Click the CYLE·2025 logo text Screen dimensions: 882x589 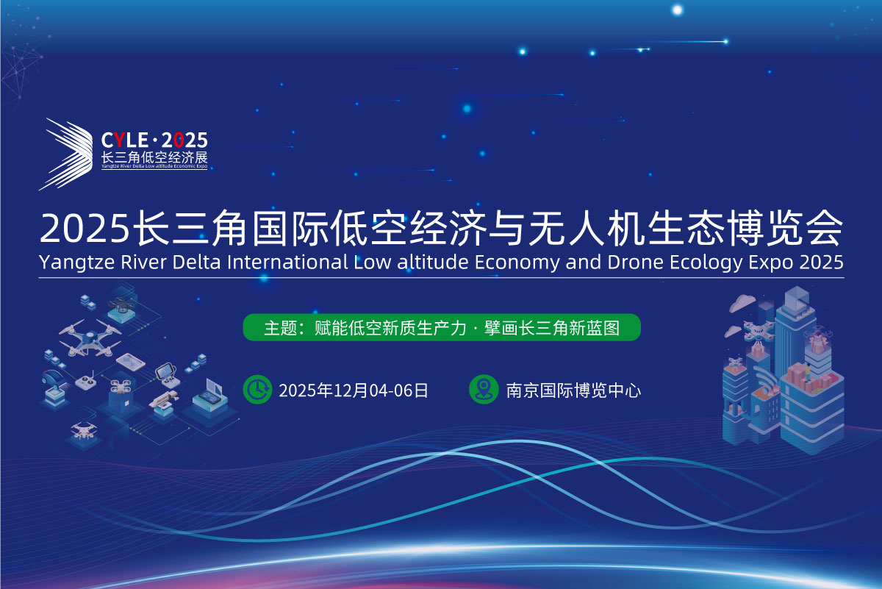pyautogui.click(x=154, y=140)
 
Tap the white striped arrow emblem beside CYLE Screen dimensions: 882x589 pyautogui.click(x=65, y=154)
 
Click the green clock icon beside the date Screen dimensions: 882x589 pyautogui.click(x=257, y=390)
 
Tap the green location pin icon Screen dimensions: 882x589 pyautogui.click(x=484, y=389)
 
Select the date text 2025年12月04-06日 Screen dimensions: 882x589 pyautogui.click(x=354, y=390)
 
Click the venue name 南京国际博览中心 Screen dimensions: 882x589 pyautogui.click(x=573, y=390)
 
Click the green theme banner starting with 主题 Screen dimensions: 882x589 pyautogui.click(x=442, y=327)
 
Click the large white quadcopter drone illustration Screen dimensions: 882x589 pyautogui.click(x=90, y=338)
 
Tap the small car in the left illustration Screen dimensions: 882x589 pyautogui.click(x=54, y=379)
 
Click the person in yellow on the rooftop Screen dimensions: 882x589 pyautogui.click(x=807, y=372)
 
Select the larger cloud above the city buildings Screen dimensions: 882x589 pyautogui.click(x=742, y=302)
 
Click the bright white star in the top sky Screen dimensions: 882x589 pyautogui.click(x=677, y=10)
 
